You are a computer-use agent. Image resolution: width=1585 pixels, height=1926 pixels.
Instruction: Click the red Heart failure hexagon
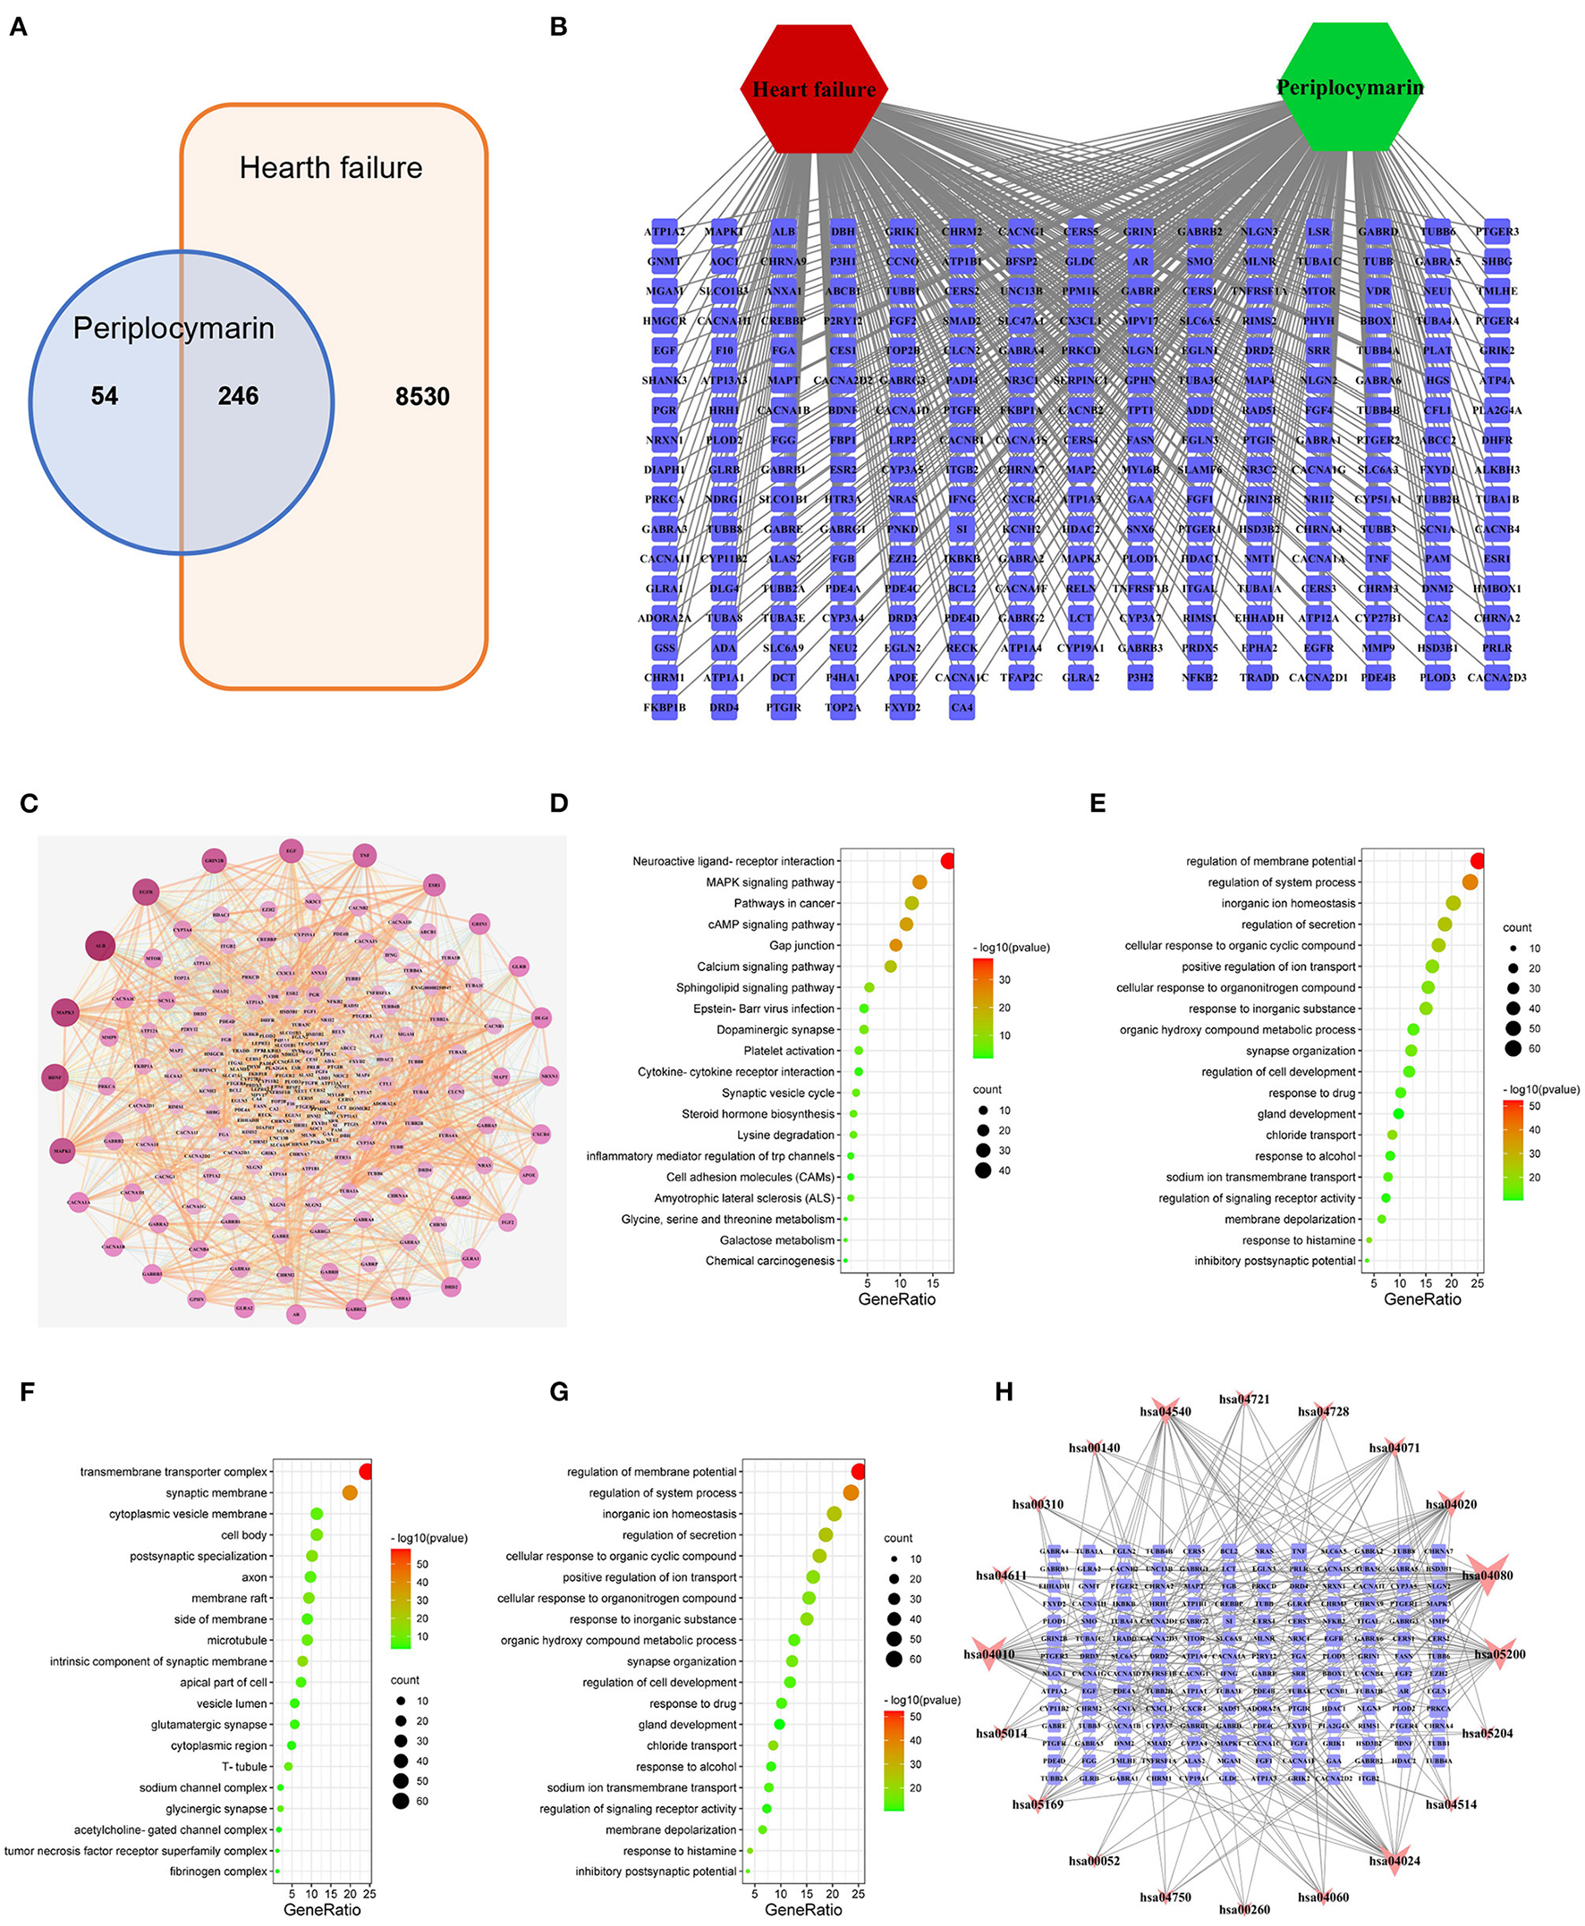812,89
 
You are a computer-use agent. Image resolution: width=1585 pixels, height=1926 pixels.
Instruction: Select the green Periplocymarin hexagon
1350,87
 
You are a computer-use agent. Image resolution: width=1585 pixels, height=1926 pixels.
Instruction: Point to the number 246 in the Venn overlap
237,395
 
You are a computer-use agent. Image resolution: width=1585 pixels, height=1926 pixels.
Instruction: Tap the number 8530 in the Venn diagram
422,396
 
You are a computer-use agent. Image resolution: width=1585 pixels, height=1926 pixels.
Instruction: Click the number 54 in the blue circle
104,395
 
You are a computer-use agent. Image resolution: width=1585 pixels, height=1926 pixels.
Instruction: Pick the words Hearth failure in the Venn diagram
331,168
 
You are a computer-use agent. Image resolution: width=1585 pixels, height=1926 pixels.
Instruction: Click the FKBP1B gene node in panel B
664,707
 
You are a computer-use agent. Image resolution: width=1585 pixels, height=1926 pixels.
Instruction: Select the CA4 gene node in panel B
962,707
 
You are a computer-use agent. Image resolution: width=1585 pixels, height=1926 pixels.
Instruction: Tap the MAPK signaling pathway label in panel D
769,883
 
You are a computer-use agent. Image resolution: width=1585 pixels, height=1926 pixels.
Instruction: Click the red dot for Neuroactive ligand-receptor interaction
948,861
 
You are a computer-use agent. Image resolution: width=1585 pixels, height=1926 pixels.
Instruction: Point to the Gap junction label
801,946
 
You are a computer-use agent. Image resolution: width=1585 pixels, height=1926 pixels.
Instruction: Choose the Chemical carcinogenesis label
769,1261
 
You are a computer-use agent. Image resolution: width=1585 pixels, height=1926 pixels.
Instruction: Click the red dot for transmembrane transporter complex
366,1472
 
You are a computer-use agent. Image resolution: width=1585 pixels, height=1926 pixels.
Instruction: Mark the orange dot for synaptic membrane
350,1492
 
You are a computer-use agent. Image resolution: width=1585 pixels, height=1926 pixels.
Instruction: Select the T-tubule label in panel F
245,1766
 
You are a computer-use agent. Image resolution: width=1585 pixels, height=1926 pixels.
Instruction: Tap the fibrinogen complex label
218,1871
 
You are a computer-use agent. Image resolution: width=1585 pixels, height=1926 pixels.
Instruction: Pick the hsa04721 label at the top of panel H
1243,1399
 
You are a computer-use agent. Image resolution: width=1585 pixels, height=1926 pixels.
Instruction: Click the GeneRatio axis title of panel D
896,1299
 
